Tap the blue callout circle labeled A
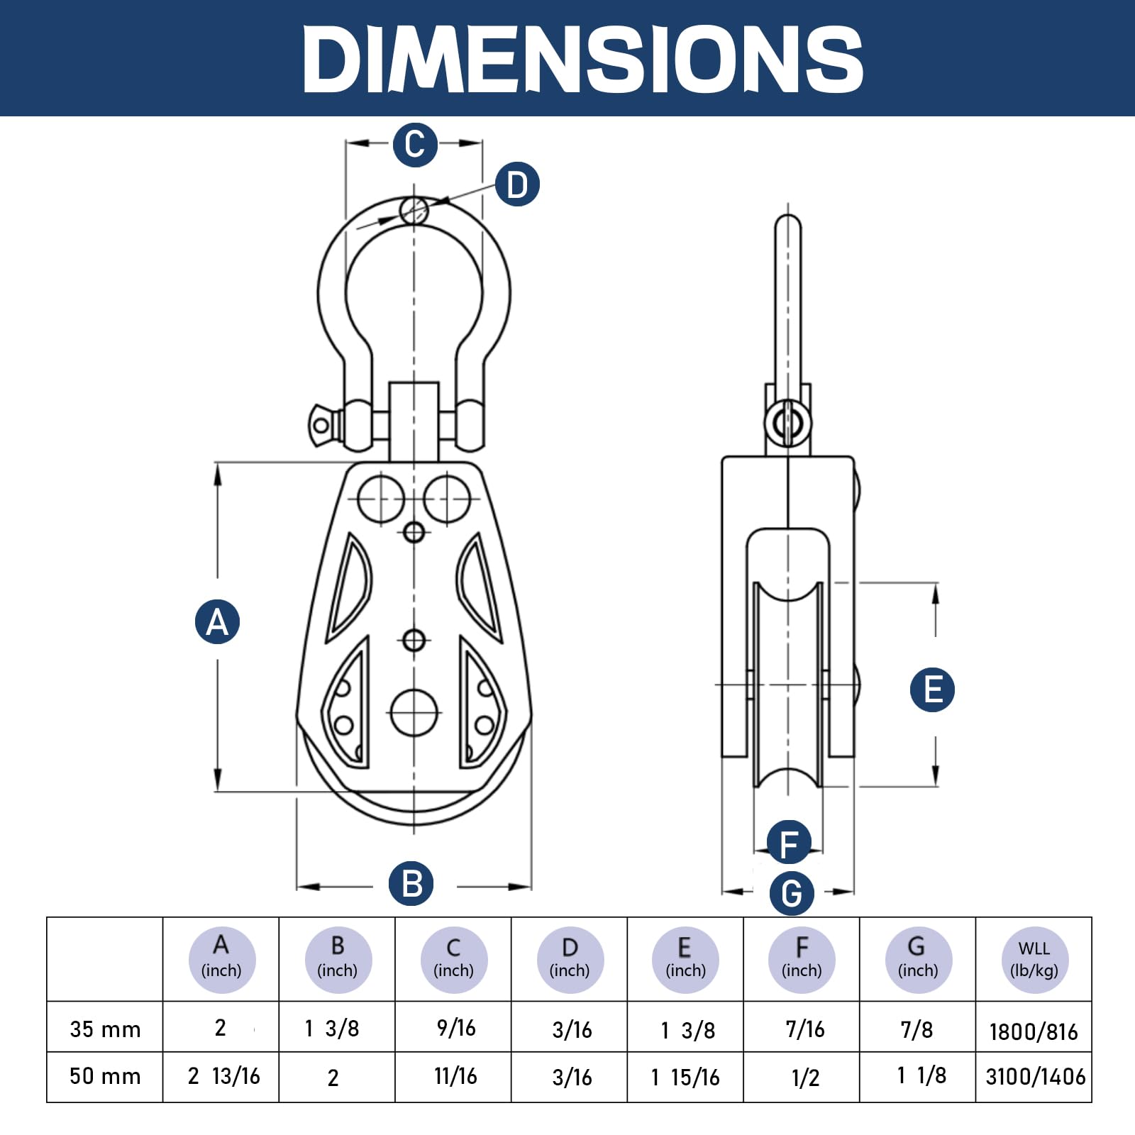click(217, 622)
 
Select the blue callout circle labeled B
click(411, 884)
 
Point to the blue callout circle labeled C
click(414, 145)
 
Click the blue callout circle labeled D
click(517, 184)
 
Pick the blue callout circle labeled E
click(932, 690)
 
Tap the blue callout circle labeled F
click(789, 843)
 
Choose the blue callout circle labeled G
click(792, 892)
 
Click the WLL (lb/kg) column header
click(1034, 959)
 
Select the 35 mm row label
click(105, 1029)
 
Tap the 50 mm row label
click(105, 1076)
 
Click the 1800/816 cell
click(1034, 1031)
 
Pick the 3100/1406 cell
click(1035, 1077)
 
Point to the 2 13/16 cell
click(223, 1076)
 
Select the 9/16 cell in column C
click(455, 1028)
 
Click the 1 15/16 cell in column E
click(685, 1078)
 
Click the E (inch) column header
click(685, 959)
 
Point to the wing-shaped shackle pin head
click(323, 425)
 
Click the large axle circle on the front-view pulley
click(414, 712)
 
